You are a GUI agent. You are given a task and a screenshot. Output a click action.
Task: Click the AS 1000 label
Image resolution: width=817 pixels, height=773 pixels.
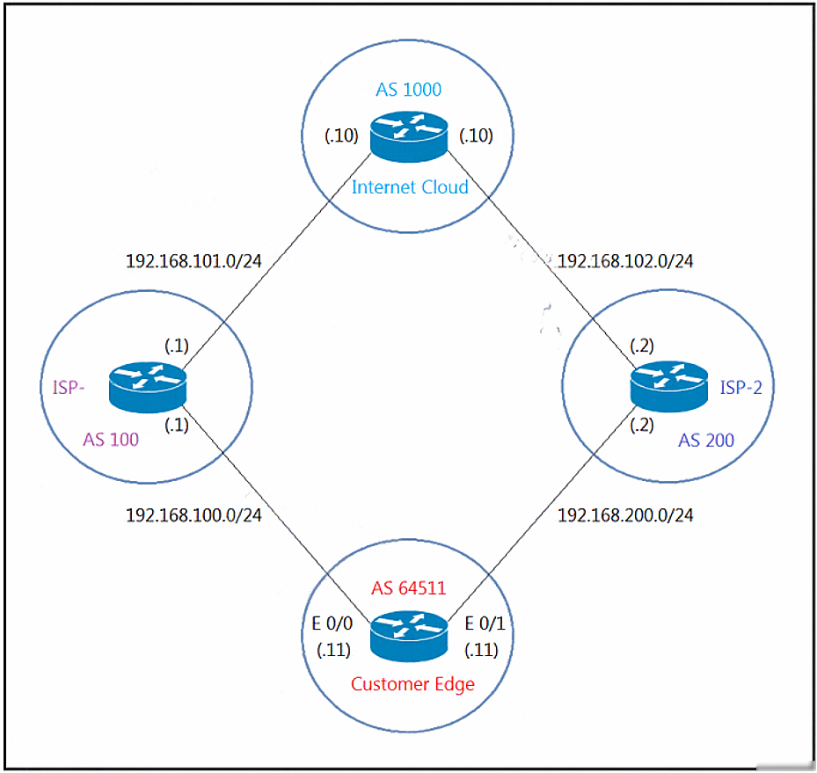point(408,90)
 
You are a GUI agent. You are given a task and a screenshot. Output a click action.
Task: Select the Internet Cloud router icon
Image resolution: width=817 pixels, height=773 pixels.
point(409,136)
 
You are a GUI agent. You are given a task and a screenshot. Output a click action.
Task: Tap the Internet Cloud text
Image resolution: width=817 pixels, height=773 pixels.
point(410,187)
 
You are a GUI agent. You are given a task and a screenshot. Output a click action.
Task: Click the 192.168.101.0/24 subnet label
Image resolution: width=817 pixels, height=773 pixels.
point(193,261)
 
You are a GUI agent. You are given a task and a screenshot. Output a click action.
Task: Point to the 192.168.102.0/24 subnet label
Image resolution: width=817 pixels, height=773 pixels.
point(625,261)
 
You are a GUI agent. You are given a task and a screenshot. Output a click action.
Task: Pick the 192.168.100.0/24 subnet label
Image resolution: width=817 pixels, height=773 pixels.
point(193,515)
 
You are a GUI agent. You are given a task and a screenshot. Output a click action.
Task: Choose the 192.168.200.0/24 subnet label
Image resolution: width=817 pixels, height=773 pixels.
point(625,515)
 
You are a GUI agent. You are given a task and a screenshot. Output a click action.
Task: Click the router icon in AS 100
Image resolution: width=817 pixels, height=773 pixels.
point(148,387)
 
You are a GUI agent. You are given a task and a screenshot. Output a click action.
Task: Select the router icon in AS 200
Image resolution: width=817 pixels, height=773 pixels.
point(669,386)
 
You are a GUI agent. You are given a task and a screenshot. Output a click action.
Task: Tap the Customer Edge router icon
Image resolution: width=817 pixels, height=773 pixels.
point(409,637)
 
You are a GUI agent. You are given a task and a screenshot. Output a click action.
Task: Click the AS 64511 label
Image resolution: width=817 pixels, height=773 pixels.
point(408,588)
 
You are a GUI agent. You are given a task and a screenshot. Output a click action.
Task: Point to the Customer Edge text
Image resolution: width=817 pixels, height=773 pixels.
point(412,684)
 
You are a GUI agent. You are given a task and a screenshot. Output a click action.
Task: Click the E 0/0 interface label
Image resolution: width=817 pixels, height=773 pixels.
point(332,624)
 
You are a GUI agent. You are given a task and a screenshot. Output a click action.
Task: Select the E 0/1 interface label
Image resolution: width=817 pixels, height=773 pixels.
point(485,624)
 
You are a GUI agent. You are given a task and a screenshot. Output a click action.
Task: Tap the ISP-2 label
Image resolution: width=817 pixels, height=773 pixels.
point(740,388)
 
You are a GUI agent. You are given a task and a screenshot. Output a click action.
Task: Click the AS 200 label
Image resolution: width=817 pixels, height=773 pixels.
point(706,441)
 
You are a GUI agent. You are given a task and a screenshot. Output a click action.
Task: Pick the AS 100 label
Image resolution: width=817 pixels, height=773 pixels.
point(111,440)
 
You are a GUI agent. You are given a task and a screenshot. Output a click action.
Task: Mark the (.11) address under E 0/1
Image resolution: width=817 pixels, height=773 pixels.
point(481,650)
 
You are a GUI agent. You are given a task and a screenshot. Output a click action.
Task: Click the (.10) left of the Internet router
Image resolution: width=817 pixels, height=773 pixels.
point(342,136)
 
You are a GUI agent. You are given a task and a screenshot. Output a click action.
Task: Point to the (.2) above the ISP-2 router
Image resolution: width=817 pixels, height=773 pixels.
point(642,346)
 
